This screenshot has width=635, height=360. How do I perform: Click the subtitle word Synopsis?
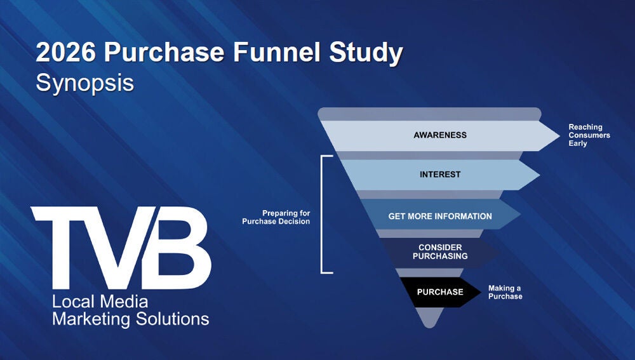coord(84,83)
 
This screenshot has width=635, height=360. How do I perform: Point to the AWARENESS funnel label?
coord(439,135)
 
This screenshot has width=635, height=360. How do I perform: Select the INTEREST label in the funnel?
coord(439,175)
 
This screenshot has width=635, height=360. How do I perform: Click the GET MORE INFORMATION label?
coord(439,217)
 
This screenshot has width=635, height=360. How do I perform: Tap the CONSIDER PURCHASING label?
coord(439,252)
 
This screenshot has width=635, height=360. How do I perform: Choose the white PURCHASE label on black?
coord(439,293)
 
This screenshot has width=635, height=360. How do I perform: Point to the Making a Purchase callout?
coord(505,293)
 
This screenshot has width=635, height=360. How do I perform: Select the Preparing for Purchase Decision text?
coord(276,217)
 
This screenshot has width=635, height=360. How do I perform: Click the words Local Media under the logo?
coord(100,302)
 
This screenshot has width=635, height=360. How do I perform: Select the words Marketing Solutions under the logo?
coord(130,319)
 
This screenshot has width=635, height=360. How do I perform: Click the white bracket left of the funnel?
coord(323,214)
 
